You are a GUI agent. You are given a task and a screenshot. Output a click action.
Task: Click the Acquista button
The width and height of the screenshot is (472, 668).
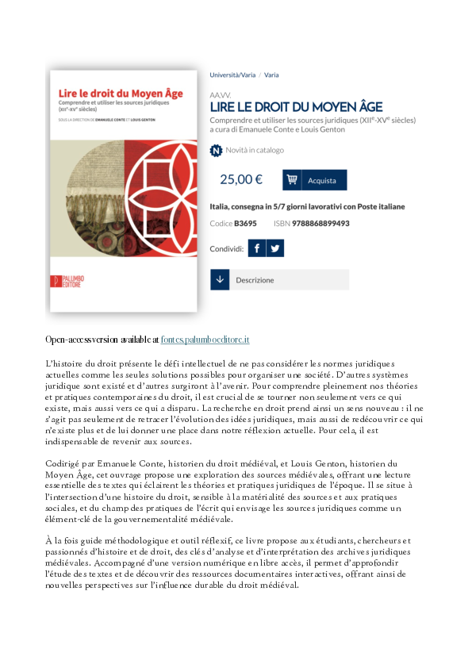coord(315,179)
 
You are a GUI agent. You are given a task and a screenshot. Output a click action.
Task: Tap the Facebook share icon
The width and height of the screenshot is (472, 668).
coord(256,248)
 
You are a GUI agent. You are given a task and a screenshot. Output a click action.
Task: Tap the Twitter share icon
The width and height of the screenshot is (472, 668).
coord(274,248)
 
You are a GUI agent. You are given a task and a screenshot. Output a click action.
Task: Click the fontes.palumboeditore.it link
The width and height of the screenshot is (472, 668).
coord(205,339)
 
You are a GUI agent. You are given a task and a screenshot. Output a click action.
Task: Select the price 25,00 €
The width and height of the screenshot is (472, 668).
coord(240,179)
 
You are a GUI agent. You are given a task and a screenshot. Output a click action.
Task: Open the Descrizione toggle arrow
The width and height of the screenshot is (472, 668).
coord(220,280)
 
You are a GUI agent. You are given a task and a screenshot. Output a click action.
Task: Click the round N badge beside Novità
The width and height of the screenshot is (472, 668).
coord(216,150)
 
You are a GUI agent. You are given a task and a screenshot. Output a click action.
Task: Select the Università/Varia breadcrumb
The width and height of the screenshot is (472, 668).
coord(232,75)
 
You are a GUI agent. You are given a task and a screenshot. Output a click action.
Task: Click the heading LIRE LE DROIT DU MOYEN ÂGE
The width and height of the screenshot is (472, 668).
coord(296,106)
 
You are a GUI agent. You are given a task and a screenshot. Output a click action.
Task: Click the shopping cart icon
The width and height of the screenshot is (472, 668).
coord(292,179)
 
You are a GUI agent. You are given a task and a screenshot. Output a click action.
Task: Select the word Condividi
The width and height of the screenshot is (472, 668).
coord(226,248)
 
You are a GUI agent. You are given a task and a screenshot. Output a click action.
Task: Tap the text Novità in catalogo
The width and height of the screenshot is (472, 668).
coord(255,150)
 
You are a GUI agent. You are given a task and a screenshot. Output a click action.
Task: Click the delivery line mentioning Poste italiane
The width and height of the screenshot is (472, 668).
coord(307,206)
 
